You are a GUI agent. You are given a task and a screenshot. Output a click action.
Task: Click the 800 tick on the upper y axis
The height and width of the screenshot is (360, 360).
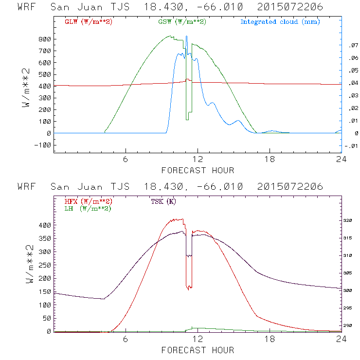(x=45, y=39)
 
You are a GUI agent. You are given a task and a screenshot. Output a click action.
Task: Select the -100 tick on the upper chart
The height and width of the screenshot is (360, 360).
(x=43, y=145)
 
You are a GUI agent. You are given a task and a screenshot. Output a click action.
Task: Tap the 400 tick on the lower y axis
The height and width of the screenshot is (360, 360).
(x=45, y=226)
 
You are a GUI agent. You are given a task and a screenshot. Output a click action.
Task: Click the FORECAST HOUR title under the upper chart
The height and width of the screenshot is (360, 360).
(x=198, y=170)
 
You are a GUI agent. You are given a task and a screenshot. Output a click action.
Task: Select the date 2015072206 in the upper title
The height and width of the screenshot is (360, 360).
(x=290, y=8)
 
